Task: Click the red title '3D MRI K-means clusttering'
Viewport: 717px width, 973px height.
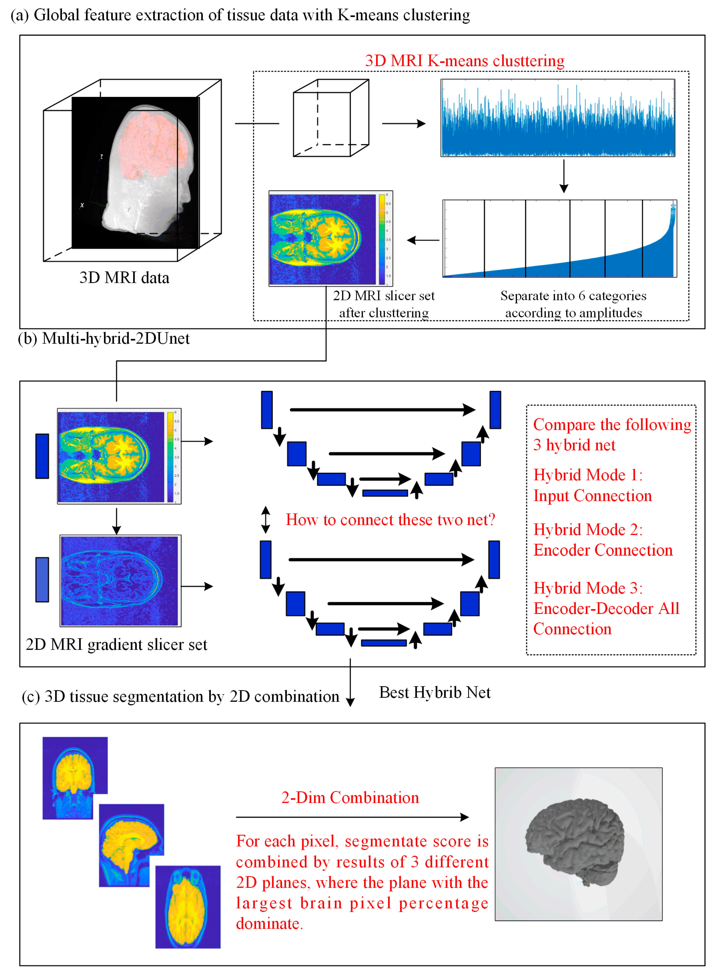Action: coord(464,61)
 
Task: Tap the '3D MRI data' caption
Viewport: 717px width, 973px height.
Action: coord(124,277)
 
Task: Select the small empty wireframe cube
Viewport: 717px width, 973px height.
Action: coord(331,118)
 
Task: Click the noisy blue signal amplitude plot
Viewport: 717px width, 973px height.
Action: coord(558,118)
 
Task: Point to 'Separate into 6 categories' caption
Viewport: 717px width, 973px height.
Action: coord(573,296)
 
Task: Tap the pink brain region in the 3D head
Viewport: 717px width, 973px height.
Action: coord(152,143)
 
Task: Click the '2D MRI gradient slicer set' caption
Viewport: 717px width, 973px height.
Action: coord(116,644)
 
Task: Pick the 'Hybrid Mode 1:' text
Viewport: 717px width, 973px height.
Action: coord(588,475)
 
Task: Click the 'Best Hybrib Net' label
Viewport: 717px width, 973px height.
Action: coord(435,693)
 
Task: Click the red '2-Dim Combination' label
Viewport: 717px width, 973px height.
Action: coord(350,797)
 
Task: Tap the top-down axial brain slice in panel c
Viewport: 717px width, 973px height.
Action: coord(187,906)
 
